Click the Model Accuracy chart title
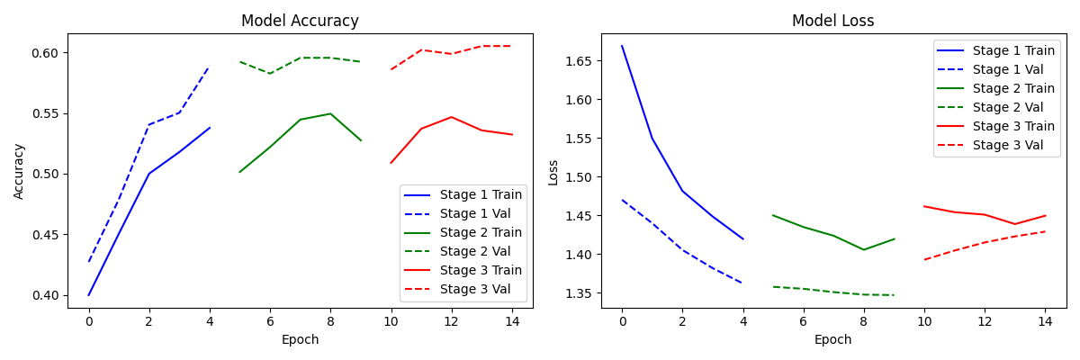pyautogui.click(x=300, y=21)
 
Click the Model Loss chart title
pyautogui.click(x=833, y=21)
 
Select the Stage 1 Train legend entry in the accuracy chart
pyautogui.click(x=463, y=194)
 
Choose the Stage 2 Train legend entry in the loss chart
pyautogui.click(x=995, y=88)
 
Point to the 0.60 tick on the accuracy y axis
pyautogui.click(x=45, y=53)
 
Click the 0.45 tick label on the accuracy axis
pyautogui.click(x=45, y=235)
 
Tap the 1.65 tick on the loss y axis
pyautogui.click(x=578, y=61)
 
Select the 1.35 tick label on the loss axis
pyautogui.click(x=578, y=293)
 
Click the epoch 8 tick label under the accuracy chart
pyautogui.click(x=330, y=321)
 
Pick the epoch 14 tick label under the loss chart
pyautogui.click(x=1045, y=321)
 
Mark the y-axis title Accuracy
pyautogui.click(x=18, y=172)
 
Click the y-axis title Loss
pyautogui.click(x=553, y=173)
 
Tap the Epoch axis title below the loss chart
pyautogui.click(x=833, y=340)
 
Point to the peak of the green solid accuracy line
pyautogui.click(x=330, y=113)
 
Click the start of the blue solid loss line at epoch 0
pyautogui.click(x=622, y=46)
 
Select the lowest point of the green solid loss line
pyautogui.click(x=863, y=249)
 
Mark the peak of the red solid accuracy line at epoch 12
pyautogui.click(x=451, y=117)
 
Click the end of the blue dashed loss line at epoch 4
pyautogui.click(x=743, y=283)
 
